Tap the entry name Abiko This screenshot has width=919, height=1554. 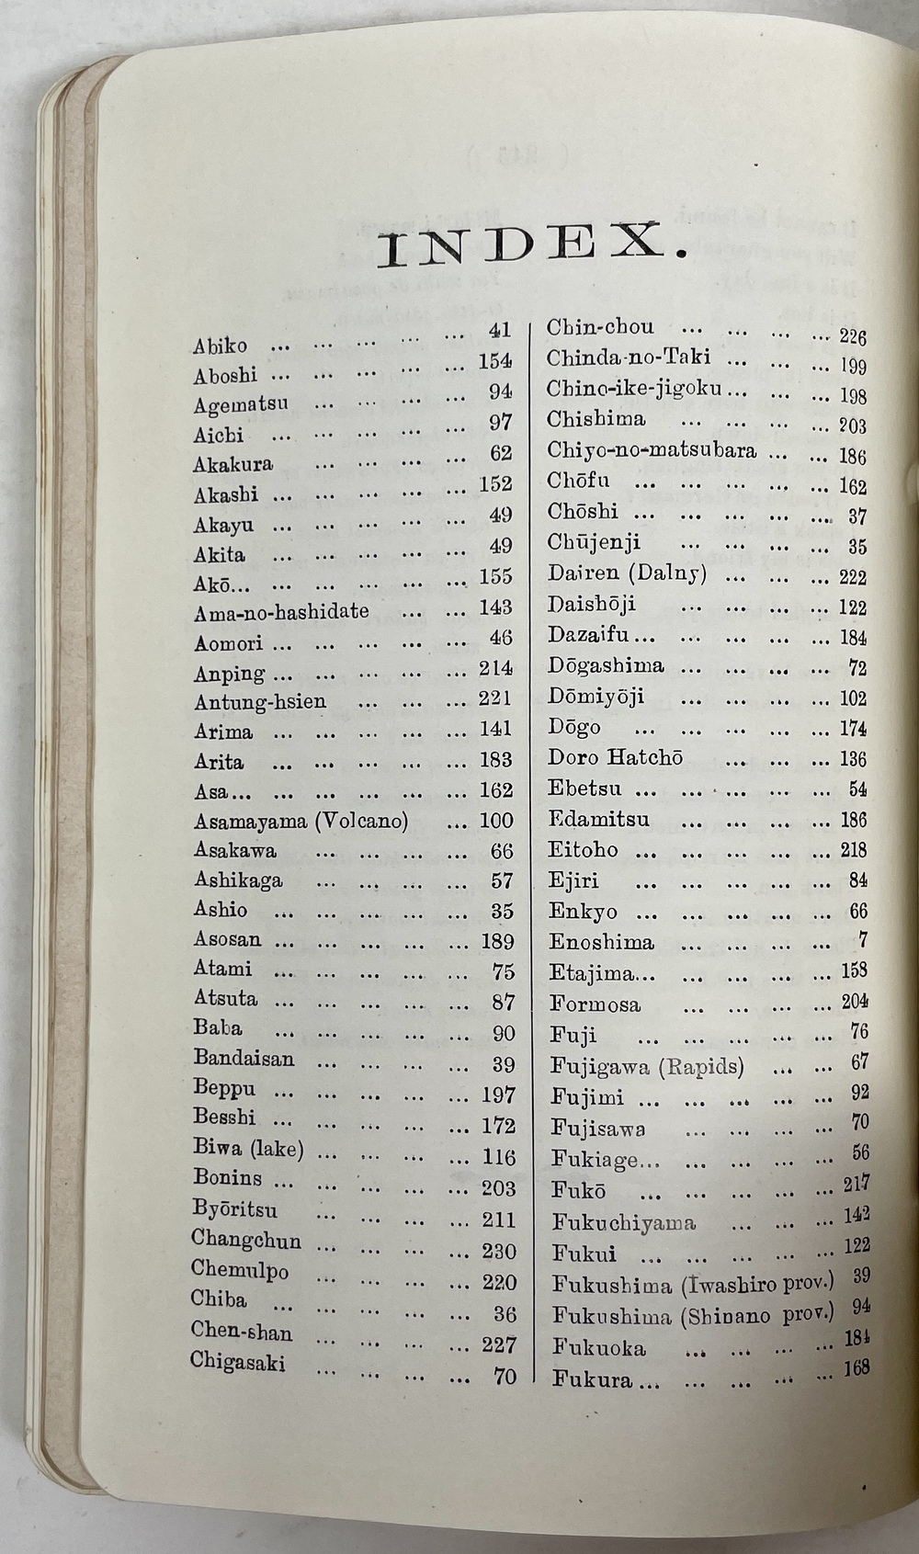pyautogui.click(x=220, y=346)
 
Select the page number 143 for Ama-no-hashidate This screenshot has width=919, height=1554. pyautogui.click(x=495, y=607)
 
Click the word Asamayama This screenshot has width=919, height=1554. pyautogui.click(x=251, y=820)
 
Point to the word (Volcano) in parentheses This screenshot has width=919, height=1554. pyautogui.click(x=361, y=820)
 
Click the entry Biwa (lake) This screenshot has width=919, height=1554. pyautogui.click(x=248, y=1149)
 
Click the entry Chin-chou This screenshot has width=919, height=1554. pyautogui.click(x=600, y=328)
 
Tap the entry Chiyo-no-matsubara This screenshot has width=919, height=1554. pyautogui.click(x=652, y=450)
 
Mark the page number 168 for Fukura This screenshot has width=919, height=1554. pyautogui.click(x=856, y=1367)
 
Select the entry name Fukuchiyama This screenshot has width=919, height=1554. pyautogui.click(x=624, y=1222)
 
